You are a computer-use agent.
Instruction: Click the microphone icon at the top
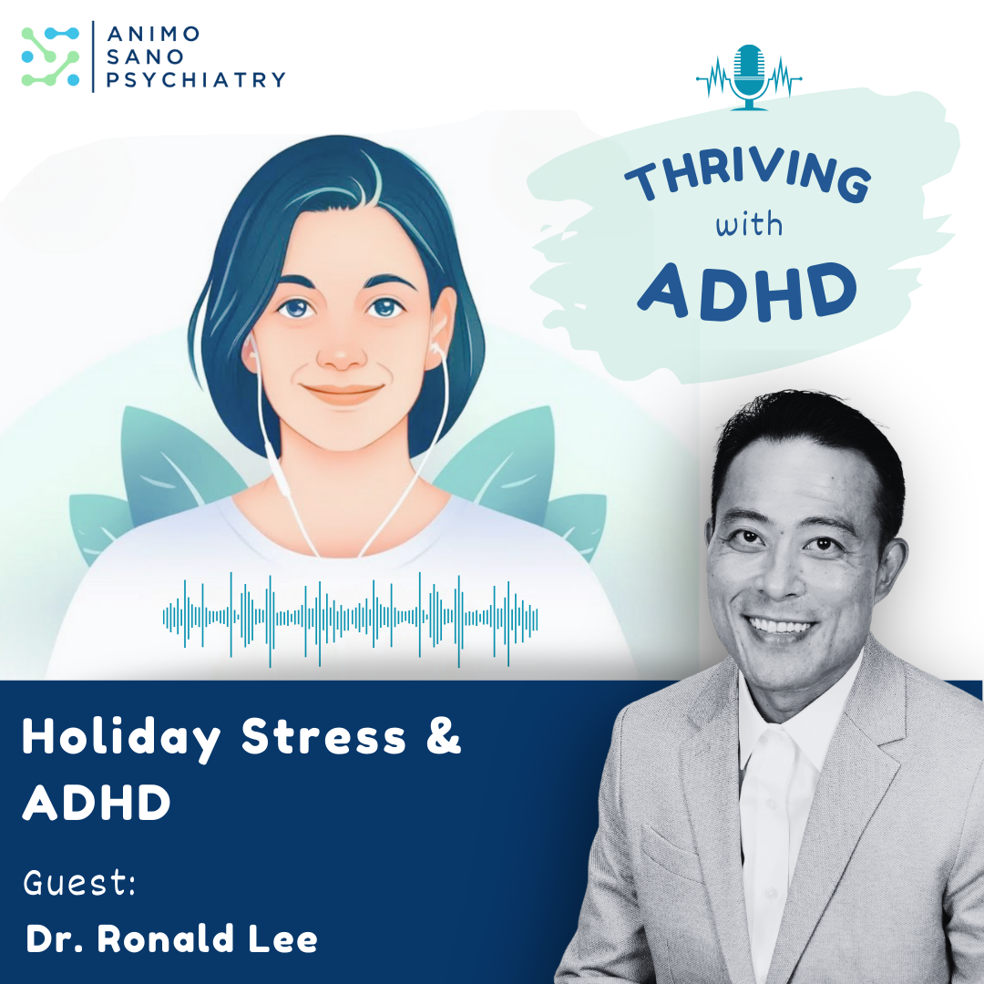tap(749, 77)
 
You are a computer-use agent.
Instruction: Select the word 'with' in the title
tap(748, 223)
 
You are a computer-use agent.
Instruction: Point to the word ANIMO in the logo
tap(153, 35)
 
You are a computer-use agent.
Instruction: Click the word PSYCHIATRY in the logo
tap(197, 80)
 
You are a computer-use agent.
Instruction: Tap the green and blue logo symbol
tap(50, 57)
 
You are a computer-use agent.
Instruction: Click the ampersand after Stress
tap(443, 738)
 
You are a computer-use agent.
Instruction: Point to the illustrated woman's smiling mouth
tap(343, 394)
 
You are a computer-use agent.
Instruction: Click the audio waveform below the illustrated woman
tap(350, 617)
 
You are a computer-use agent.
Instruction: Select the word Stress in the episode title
tap(324, 738)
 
